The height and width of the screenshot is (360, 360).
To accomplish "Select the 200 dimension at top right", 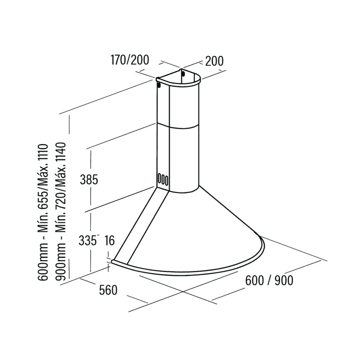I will (214, 61).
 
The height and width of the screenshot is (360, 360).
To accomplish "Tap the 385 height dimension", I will (89, 179).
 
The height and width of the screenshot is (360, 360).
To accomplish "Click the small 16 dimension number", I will (109, 240).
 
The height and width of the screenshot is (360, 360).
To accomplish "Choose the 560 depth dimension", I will (108, 290).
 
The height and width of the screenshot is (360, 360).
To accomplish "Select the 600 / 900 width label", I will (269, 280).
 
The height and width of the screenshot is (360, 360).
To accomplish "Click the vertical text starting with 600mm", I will (43, 212).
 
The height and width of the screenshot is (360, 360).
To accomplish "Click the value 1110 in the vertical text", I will (43, 154).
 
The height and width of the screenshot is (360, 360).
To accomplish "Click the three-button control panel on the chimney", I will (163, 179).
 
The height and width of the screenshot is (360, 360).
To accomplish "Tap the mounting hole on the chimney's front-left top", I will (159, 85).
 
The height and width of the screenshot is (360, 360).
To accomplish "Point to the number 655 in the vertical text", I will (43, 202).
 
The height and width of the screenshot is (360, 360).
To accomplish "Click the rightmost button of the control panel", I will (167, 179).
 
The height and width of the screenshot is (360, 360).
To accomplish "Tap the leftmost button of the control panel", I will (159, 179).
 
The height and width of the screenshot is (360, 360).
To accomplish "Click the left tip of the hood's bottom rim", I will (112, 262).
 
